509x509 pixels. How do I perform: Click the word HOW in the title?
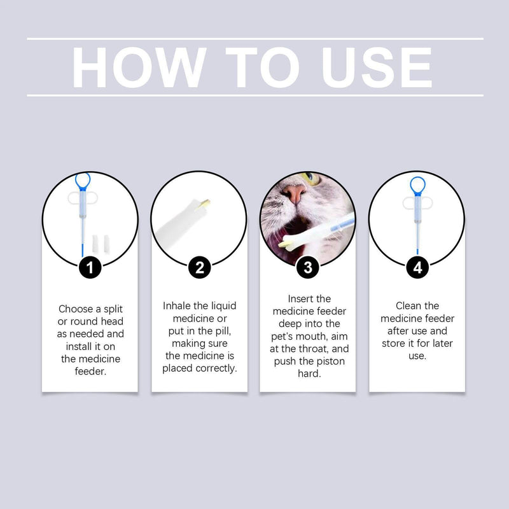[x=139, y=67]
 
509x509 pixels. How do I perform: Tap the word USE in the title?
[x=377, y=67]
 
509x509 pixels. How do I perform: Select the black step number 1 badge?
[x=90, y=268]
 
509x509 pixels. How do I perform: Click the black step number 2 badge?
[x=199, y=268]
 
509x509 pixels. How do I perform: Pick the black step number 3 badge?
[x=308, y=268]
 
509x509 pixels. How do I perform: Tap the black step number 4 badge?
[x=417, y=268]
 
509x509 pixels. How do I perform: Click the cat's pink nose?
[x=295, y=194]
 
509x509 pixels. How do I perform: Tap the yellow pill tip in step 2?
[x=206, y=203]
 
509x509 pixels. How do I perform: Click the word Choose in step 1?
[x=76, y=309]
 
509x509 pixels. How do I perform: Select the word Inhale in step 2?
[x=177, y=306]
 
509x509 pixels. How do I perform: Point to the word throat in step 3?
[x=313, y=349]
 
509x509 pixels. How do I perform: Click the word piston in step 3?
[x=330, y=361]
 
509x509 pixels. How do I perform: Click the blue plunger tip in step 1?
[x=82, y=250]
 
